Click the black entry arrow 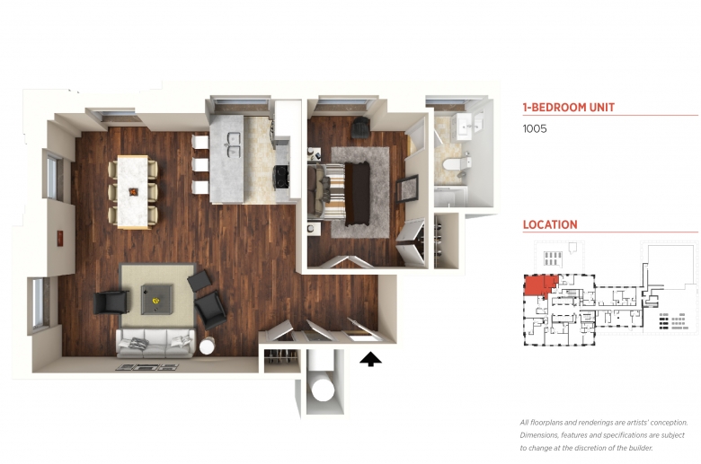(370, 360)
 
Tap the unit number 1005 (535, 128)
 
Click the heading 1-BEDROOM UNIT (569, 107)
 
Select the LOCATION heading (550, 224)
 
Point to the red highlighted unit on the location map (537, 285)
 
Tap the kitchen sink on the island (234, 144)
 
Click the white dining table (133, 191)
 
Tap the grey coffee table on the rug (157, 299)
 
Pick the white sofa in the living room (155, 343)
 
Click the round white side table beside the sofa (207, 346)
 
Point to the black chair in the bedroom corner (359, 128)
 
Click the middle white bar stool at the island (200, 165)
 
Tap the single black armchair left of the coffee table (111, 302)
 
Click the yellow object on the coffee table (156, 300)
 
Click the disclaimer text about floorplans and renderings (604, 435)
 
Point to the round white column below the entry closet (323, 391)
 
